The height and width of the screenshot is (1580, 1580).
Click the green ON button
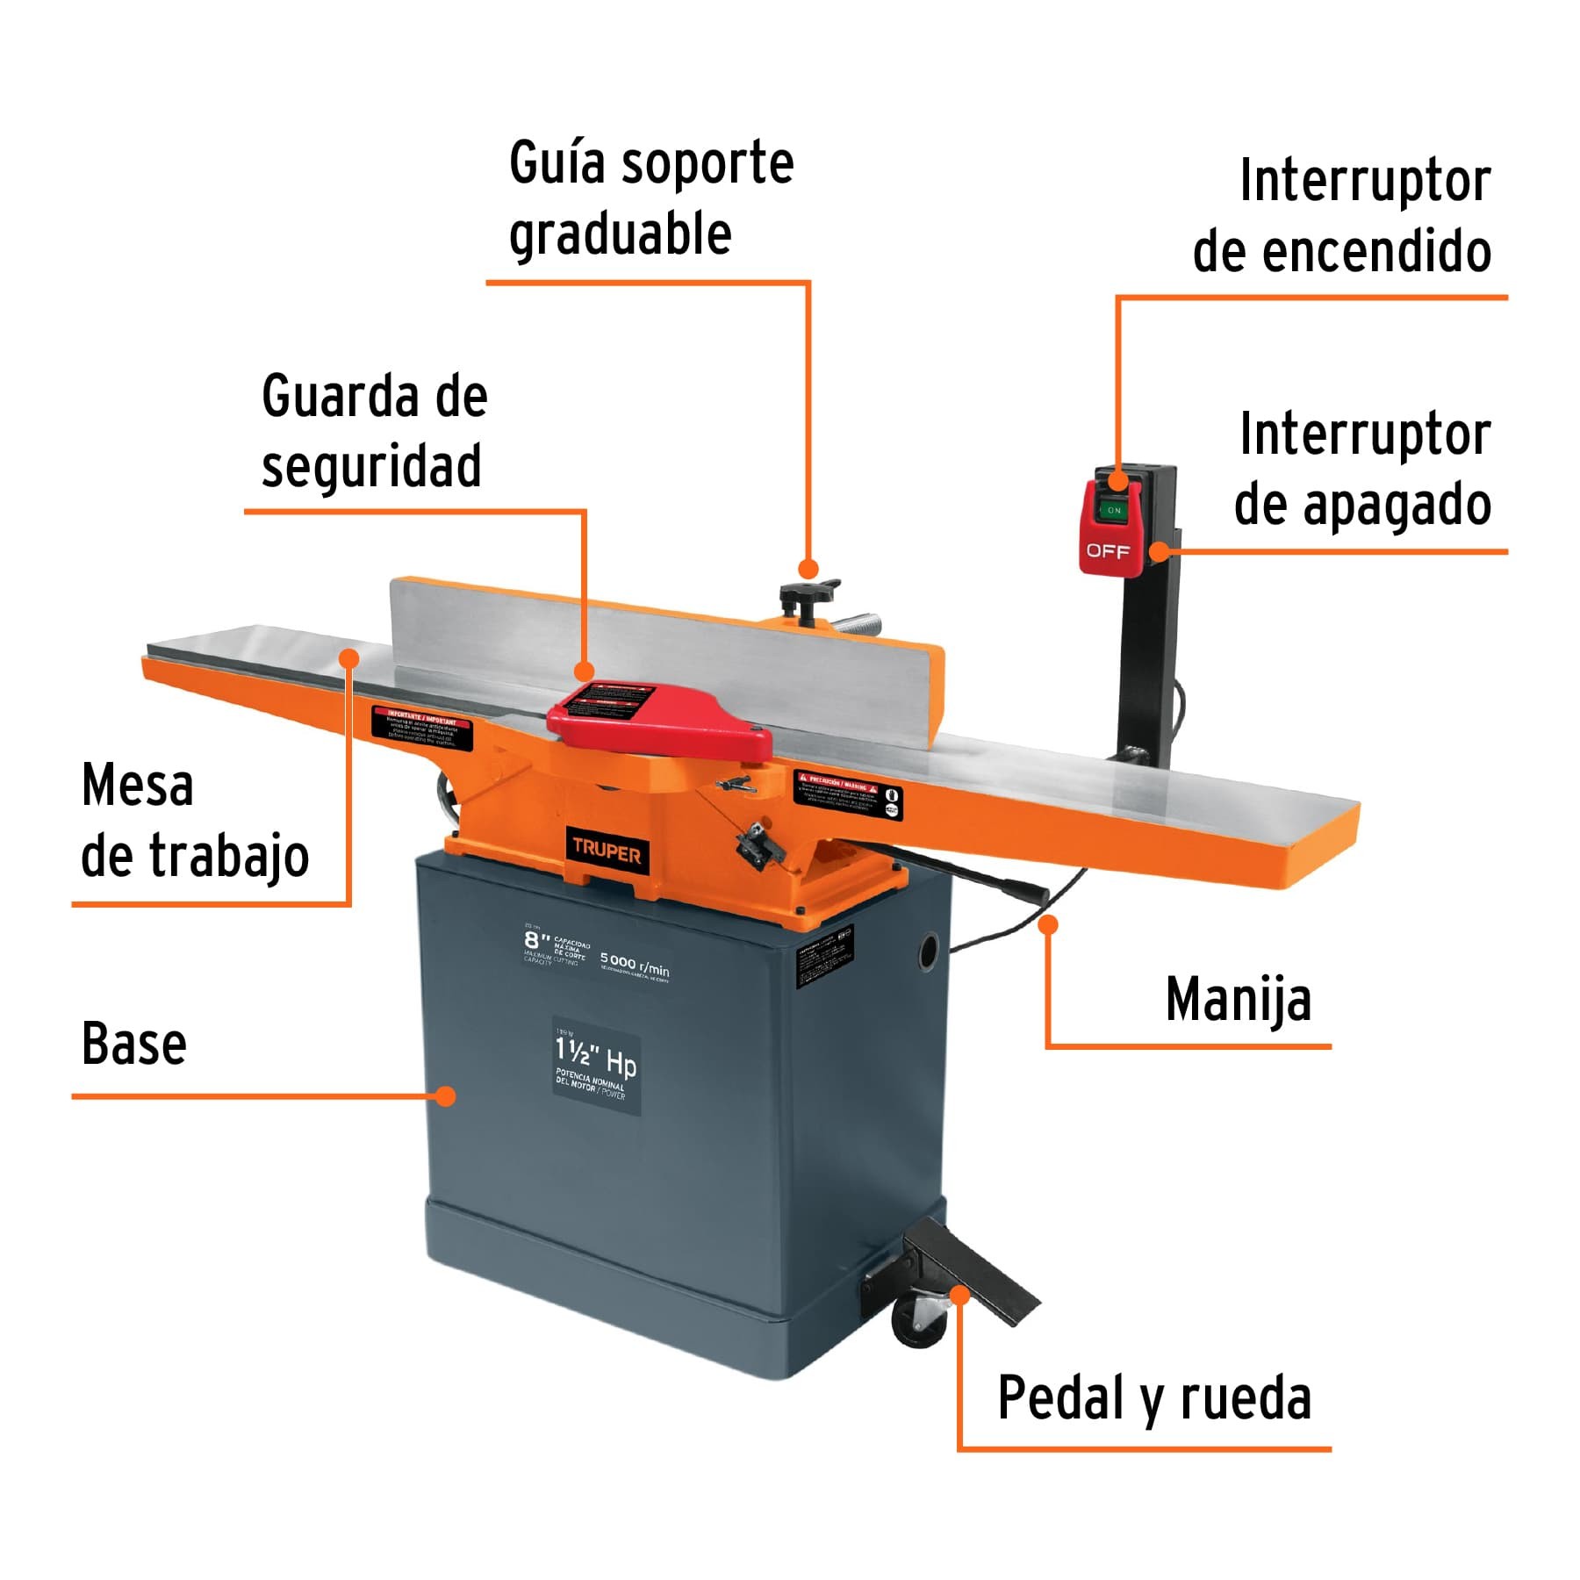(x=1113, y=509)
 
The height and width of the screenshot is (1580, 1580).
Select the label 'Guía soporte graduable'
(x=650, y=198)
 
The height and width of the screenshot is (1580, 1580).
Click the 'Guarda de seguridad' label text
(x=373, y=430)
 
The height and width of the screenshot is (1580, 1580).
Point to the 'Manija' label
(x=1238, y=1000)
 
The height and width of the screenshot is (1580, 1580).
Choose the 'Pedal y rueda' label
(x=1153, y=1397)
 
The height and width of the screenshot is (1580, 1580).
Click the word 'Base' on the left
(x=133, y=1044)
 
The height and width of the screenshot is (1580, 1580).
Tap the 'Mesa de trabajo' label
(x=194, y=821)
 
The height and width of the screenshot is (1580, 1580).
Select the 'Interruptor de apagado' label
(x=1363, y=469)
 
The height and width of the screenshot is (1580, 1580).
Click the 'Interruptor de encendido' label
(x=1342, y=216)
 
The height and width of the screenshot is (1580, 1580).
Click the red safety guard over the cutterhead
(x=658, y=720)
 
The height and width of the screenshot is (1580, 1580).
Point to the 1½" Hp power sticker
(x=596, y=1066)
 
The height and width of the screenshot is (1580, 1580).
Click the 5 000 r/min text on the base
(x=635, y=965)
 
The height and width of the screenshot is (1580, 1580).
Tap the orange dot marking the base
(x=447, y=1095)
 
